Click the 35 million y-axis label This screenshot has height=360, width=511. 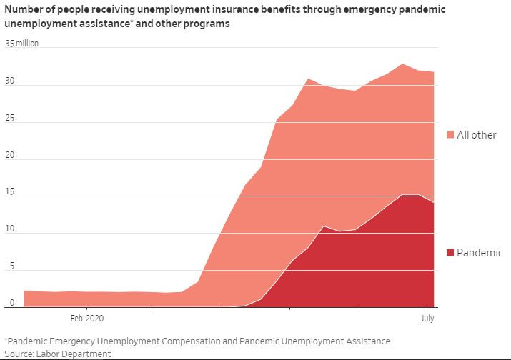click(x=21, y=44)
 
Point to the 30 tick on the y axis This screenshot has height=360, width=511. click(x=9, y=84)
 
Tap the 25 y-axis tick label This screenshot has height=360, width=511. click(x=9, y=121)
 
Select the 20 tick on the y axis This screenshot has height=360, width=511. click(x=9, y=159)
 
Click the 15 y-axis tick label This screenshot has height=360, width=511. click(x=9, y=195)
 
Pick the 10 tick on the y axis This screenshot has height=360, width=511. click(x=9, y=232)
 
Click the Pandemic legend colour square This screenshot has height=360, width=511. click(x=450, y=253)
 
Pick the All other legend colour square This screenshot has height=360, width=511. click(x=450, y=135)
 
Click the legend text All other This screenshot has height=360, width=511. click(x=477, y=135)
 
